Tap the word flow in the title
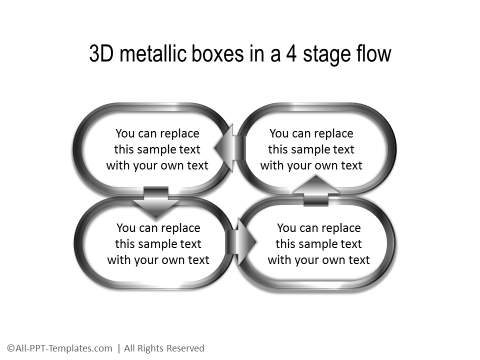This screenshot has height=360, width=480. point(370,54)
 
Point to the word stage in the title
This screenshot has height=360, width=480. point(317,54)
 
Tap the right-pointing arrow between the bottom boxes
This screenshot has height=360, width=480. point(240,243)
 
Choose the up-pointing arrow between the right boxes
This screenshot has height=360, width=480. point(315,187)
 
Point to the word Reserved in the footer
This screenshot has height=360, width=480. point(181,348)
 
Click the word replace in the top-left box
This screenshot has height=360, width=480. point(181,133)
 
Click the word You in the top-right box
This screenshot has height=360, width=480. point(280,133)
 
